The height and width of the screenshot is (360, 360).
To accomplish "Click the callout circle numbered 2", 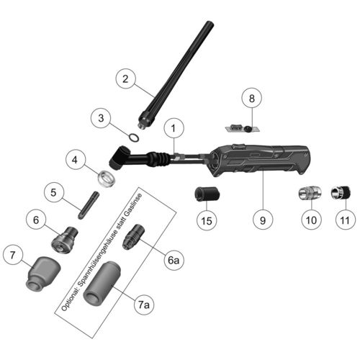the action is (125, 79).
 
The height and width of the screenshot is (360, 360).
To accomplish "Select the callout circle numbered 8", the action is (251, 98).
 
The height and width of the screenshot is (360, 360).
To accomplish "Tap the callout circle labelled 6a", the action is (174, 260).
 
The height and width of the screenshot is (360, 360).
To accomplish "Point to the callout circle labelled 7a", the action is (144, 305).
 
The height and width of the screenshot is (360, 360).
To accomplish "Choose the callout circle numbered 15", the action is (207, 220).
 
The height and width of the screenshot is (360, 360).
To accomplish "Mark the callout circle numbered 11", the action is (345, 220).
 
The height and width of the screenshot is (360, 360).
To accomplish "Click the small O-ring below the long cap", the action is (134, 138).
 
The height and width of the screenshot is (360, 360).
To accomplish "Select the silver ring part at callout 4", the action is (107, 179).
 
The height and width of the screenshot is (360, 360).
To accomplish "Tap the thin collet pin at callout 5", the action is (89, 204).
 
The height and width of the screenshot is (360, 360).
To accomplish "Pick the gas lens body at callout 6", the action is (64, 240).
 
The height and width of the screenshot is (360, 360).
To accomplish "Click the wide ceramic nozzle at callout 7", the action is (43, 273).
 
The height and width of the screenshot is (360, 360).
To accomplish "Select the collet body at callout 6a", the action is (133, 237).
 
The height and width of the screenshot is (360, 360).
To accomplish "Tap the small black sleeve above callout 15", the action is (207, 194).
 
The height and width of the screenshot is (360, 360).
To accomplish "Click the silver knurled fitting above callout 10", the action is (310, 192).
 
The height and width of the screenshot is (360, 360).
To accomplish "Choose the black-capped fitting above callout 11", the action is (341, 192).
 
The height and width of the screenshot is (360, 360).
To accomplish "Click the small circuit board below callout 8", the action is (243, 128).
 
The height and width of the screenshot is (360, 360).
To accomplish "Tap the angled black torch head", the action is (120, 157).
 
